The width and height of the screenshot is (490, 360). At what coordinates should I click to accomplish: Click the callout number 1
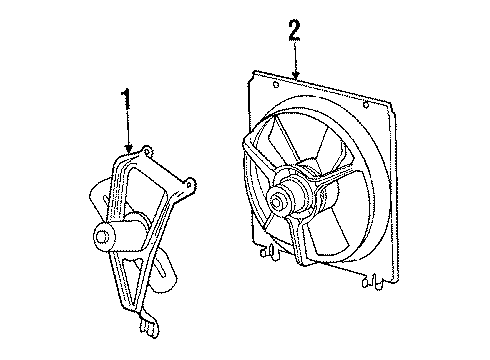tap(127, 99)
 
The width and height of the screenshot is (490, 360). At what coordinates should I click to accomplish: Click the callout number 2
tap(293, 30)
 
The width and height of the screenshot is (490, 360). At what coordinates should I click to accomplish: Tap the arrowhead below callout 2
tap(296, 75)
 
